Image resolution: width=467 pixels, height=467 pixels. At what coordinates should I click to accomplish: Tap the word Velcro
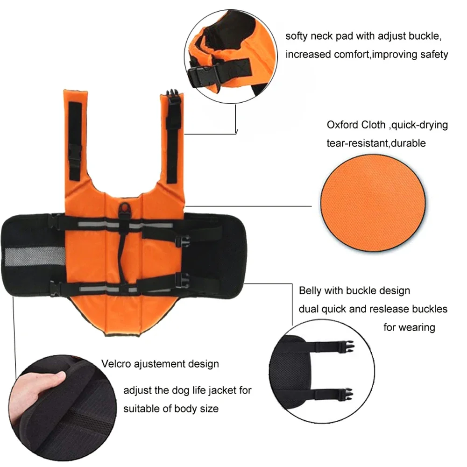[116, 363]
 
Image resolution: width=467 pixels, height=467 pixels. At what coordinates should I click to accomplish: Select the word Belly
[310, 290]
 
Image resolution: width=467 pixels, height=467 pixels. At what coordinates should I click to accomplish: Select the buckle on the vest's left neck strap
[75, 152]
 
